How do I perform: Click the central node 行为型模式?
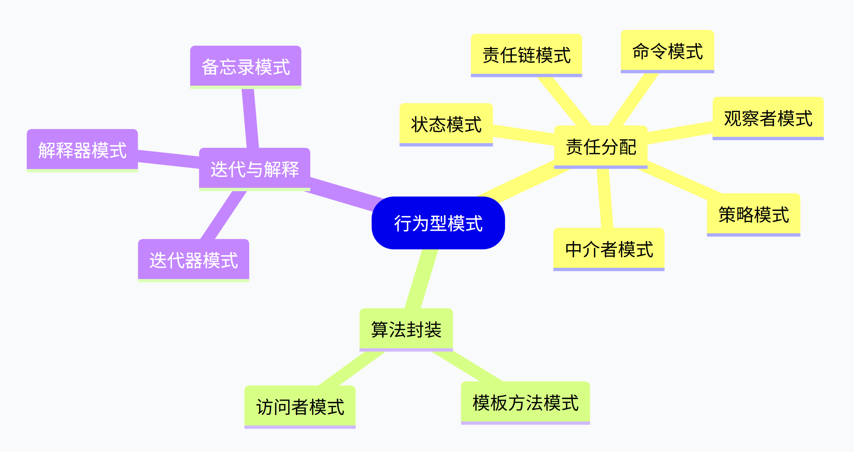click(x=438, y=223)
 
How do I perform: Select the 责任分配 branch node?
click(x=601, y=147)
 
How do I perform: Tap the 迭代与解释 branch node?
click(x=254, y=169)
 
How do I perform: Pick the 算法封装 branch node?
click(x=406, y=329)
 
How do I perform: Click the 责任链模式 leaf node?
click(x=526, y=55)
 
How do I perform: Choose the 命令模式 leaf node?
click(x=667, y=51)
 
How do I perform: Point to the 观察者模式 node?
click(x=768, y=118)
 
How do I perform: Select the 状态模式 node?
click(x=446, y=125)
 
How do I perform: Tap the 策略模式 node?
click(x=754, y=215)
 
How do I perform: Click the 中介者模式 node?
click(x=609, y=249)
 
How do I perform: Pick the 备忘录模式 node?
click(x=245, y=67)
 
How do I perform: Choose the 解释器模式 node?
click(x=82, y=150)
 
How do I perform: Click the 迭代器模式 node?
click(x=193, y=260)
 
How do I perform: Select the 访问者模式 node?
click(x=300, y=407)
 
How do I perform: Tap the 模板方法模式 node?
click(x=525, y=403)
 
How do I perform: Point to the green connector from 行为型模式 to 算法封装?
click(x=422, y=279)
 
